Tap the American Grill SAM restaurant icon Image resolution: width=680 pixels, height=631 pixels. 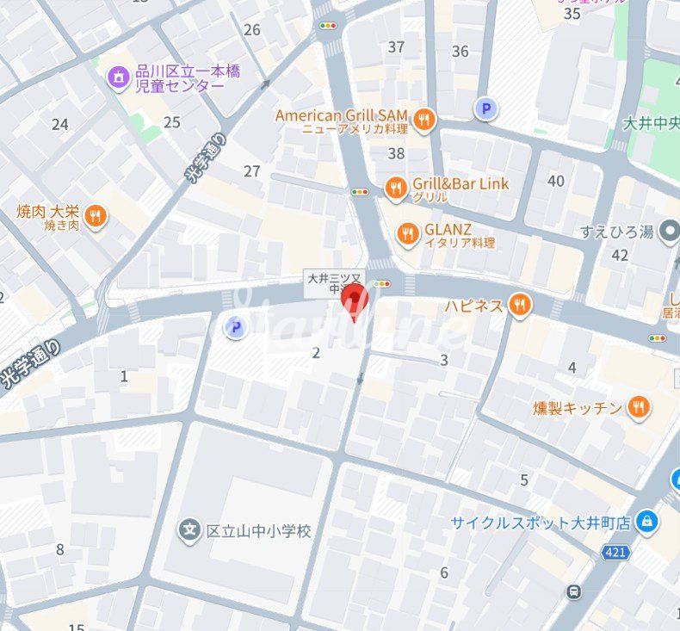pos(423,121)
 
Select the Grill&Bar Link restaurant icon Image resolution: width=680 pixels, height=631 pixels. pos(395,189)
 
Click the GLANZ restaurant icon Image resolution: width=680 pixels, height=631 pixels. pos(407,233)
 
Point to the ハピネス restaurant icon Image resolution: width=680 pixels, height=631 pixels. pos(518,305)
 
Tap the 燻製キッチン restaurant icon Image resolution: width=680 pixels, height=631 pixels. pos(638,407)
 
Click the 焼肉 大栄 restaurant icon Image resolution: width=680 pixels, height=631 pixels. pos(96,216)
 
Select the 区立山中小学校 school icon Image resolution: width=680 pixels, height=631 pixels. pos(190,531)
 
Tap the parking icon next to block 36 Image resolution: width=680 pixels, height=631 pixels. pos(486,108)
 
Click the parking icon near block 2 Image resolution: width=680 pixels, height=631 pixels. pos(234,326)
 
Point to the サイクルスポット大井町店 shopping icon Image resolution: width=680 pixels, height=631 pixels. pos(647,522)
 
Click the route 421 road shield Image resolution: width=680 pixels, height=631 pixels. pos(615,553)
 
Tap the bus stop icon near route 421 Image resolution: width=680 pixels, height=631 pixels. pos(573,591)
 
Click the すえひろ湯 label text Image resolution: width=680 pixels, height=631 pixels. pos(617,232)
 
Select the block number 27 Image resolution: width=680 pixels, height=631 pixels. pos(251,171)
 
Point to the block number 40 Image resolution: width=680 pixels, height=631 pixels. pos(556,181)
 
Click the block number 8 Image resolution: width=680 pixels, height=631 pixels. pos(59,549)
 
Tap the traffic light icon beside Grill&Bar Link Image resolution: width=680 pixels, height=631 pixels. pos(359,192)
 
